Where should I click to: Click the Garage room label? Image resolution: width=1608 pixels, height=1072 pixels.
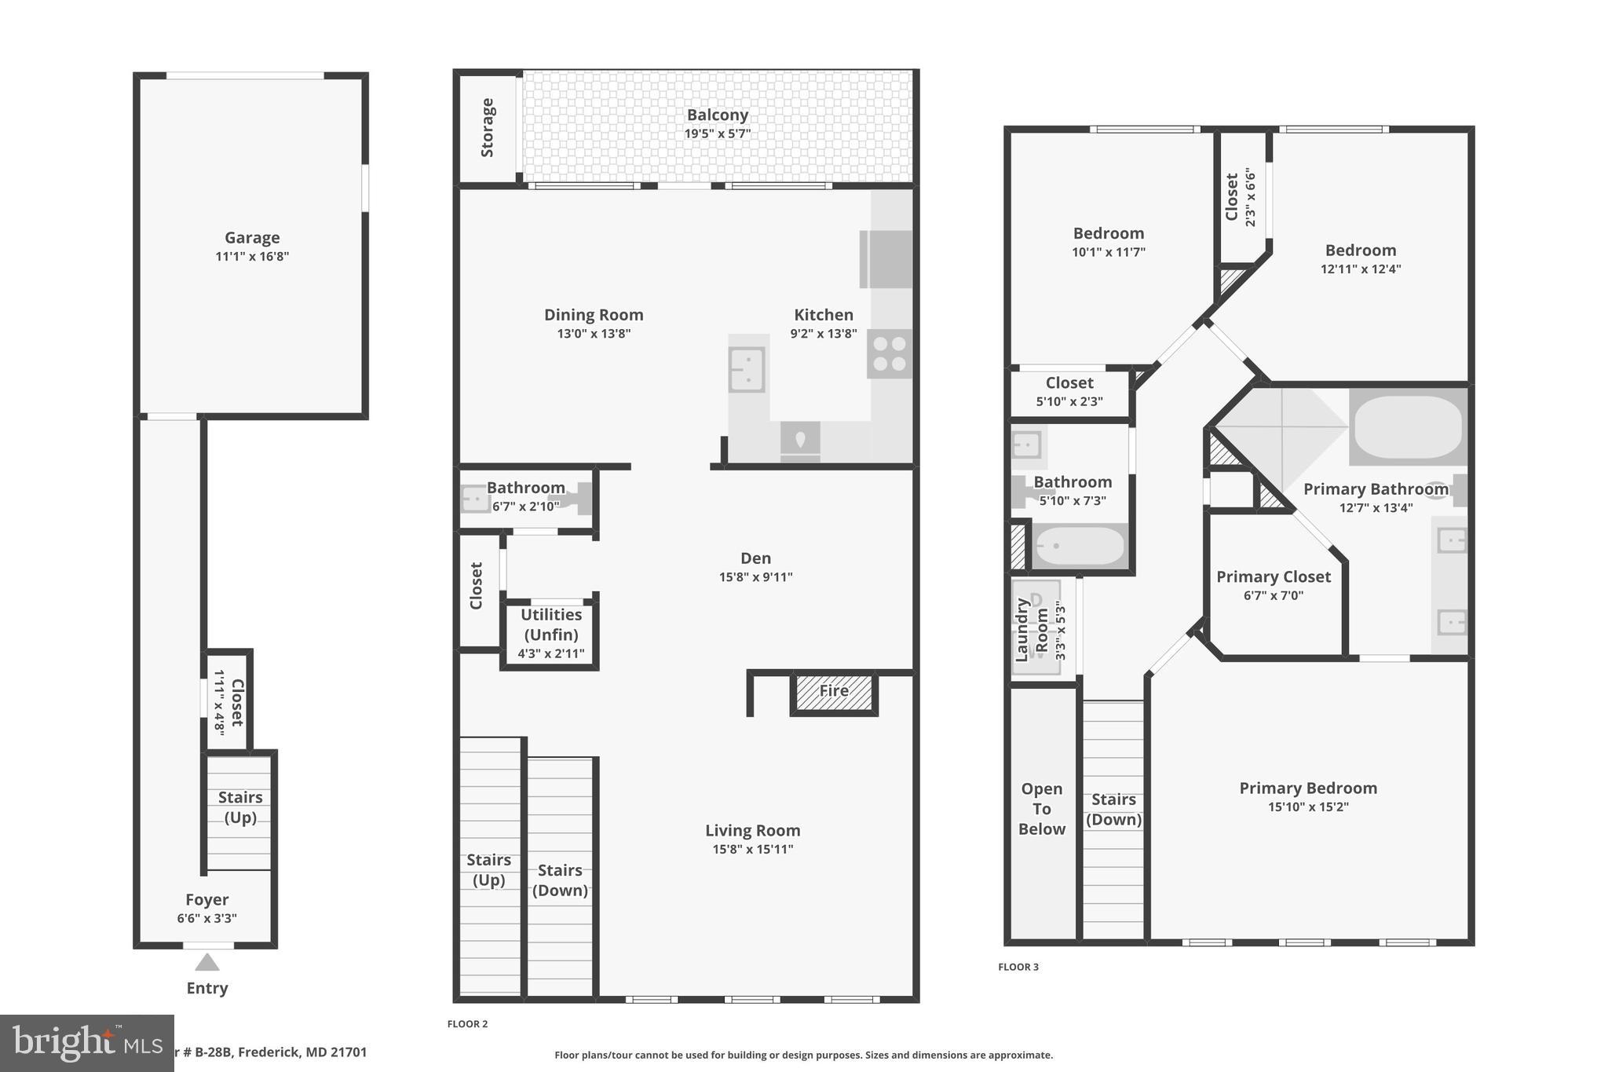tap(252, 238)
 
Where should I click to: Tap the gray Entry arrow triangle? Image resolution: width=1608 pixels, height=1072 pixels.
tap(207, 962)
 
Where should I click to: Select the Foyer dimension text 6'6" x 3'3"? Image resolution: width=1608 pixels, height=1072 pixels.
tap(206, 918)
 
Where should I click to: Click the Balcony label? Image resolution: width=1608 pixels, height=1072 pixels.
tap(717, 115)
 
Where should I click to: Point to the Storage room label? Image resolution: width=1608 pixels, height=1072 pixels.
tap(488, 127)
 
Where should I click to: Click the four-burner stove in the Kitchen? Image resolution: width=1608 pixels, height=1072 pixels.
tap(890, 353)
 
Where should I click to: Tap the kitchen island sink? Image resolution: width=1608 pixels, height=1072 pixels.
tap(747, 369)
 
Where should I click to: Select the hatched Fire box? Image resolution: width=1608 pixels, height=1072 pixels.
tap(834, 692)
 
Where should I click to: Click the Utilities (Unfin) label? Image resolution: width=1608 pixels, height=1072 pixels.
tap(551, 624)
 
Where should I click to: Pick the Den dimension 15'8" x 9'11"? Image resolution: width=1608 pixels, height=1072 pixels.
tap(755, 577)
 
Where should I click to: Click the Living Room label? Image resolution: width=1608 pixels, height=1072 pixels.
tap(752, 830)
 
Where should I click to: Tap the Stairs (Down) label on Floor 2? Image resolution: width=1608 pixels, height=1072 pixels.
tap(560, 880)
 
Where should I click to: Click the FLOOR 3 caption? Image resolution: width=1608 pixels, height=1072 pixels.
tap(1018, 967)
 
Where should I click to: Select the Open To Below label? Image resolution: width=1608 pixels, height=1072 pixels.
tap(1041, 809)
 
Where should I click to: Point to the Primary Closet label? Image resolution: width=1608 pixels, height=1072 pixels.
tap(1274, 577)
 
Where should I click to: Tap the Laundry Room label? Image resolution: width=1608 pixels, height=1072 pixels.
tap(1032, 630)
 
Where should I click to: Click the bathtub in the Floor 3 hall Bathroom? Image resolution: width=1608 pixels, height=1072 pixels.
tap(1080, 546)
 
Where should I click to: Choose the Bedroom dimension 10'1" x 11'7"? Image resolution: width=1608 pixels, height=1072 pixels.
tap(1108, 252)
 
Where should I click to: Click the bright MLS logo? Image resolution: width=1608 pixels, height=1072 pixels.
tap(86, 1043)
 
